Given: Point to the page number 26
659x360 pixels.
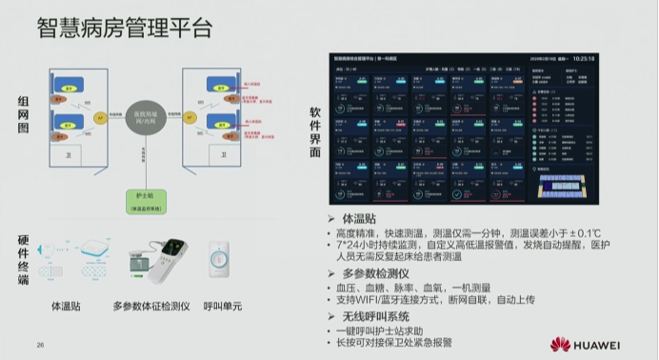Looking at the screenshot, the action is tap(41, 344).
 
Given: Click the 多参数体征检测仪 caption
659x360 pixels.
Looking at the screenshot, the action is tap(150, 307).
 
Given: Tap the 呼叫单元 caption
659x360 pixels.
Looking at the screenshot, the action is tap(222, 307).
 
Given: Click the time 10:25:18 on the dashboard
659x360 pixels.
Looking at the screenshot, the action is tap(583, 59).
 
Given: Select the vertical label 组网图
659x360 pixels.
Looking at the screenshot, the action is tap(24, 120).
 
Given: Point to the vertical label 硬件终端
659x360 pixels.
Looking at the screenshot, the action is tap(24, 258).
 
